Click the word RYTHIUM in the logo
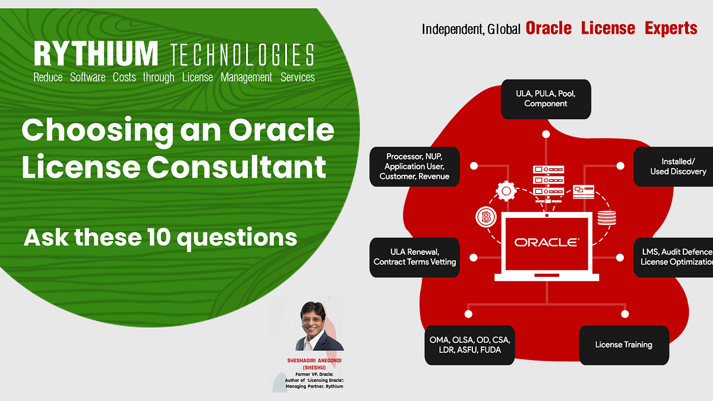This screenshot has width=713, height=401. [96, 54]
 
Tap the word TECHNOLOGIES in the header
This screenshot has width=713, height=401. [242, 55]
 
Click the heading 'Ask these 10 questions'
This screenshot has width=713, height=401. [160, 238]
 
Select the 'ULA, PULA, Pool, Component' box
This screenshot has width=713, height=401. [545, 99]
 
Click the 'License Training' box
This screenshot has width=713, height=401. [623, 345]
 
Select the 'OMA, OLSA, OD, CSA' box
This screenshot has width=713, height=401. [469, 345]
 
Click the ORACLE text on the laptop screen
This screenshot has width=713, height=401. [546, 242]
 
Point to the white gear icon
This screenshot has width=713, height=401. [506, 191]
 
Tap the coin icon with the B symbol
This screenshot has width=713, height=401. [485, 217]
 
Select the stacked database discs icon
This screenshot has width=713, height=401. [607, 218]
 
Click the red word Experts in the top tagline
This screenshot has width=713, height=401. [671, 28]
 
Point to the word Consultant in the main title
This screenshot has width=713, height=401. [236, 167]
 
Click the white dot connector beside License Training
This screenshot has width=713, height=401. [624, 313]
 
